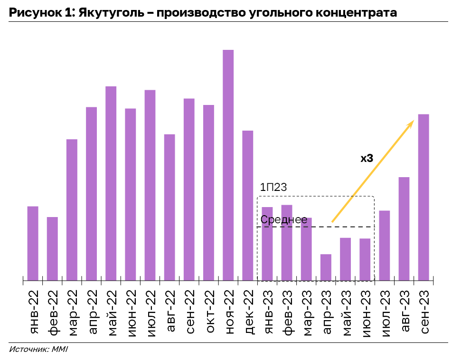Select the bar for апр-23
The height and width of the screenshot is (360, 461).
tap(326, 267)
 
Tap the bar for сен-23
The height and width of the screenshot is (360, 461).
tap(423, 197)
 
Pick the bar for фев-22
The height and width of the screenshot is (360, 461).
tap(52, 249)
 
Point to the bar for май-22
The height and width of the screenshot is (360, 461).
tap(111, 183)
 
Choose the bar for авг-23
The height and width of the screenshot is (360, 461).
tap(404, 228)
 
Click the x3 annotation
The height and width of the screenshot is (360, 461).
tap(367, 159)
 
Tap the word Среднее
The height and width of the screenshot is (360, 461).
tap(283, 219)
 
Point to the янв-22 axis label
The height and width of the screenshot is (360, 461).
tap(33, 308)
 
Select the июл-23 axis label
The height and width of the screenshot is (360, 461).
tap(385, 308)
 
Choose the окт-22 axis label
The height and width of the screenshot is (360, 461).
tap(208, 308)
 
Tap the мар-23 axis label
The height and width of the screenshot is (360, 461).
tap(306, 308)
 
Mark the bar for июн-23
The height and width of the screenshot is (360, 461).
tap(365, 259)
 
